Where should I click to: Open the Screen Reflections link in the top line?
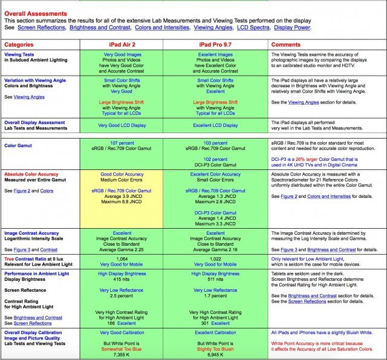(41, 27)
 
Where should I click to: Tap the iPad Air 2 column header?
(122, 45)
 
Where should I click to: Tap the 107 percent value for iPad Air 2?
(122, 143)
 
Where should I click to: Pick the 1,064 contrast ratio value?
(122, 258)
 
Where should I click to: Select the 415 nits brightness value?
(122, 280)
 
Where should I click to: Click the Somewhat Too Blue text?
(122, 349)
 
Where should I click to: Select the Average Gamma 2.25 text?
(122, 249)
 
